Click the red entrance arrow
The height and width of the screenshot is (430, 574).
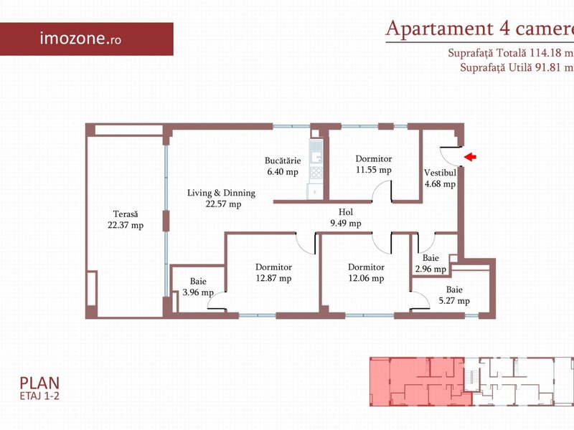pyautogui.click(x=470, y=157)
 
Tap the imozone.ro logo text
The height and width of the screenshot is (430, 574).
pyautogui.click(x=80, y=38)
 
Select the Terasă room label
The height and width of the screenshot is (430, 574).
pyautogui.click(x=126, y=214)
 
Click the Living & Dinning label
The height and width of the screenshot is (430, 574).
pyautogui.click(x=221, y=193)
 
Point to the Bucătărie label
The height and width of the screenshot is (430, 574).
pyautogui.click(x=283, y=161)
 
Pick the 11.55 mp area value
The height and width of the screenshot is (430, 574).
pyautogui.click(x=373, y=170)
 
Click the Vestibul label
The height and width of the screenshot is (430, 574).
pyautogui.click(x=440, y=173)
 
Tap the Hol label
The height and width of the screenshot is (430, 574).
pyautogui.click(x=346, y=212)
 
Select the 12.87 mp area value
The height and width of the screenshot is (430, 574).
pyautogui.click(x=273, y=279)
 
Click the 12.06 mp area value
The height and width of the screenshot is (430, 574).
pyautogui.click(x=366, y=279)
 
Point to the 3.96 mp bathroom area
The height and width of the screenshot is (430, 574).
pyautogui.click(x=198, y=292)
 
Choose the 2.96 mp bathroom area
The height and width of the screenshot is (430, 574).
pyautogui.click(x=430, y=269)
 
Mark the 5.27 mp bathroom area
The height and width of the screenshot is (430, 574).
pyautogui.click(x=454, y=301)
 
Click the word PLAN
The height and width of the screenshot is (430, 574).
pyautogui.click(x=39, y=383)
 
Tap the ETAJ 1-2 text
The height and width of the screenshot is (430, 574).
pyautogui.click(x=39, y=396)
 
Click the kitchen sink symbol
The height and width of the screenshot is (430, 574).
pyautogui.click(x=316, y=153)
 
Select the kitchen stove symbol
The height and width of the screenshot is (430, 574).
pyautogui.click(x=316, y=173)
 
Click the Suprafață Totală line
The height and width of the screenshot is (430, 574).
pyautogui.click(x=511, y=52)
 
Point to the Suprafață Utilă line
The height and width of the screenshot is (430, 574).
pyautogui.click(x=517, y=67)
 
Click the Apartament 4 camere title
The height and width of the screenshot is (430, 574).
pyautogui.click(x=479, y=29)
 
